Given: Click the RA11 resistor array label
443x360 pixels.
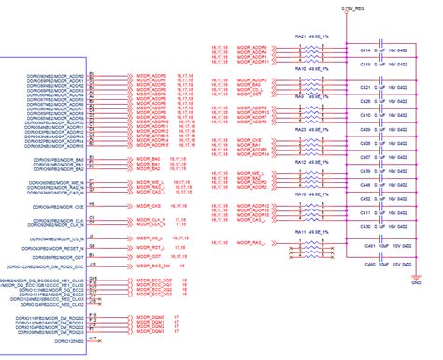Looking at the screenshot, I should [x=301, y=228].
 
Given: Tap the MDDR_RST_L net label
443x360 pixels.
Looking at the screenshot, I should [x=152, y=247].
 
